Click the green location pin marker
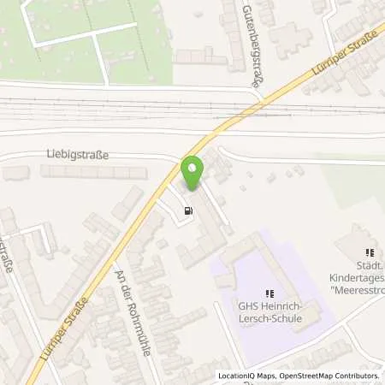(x=192, y=173)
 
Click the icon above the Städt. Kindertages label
(x=370, y=252)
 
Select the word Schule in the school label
(x=284, y=323)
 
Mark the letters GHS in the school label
(x=246, y=311)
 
